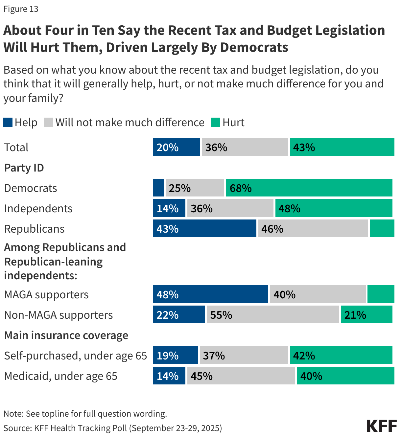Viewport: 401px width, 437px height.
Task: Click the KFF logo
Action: [382, 426]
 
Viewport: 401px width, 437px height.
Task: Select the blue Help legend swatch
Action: [8, 123]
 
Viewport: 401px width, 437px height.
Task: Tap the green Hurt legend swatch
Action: [215, 123]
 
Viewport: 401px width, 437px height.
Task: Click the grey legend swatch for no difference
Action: [48, 123]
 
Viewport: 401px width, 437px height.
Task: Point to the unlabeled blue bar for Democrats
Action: [158, 188]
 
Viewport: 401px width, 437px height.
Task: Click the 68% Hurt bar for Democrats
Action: [309, 188]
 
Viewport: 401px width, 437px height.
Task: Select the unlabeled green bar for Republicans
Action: [382, 229]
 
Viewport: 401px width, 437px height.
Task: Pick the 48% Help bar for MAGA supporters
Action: [210, 294]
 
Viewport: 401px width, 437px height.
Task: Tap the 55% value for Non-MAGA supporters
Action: [221, 315]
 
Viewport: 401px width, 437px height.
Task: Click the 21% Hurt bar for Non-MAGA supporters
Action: [366, 315]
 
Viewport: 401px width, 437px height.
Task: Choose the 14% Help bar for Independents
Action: [169, 208]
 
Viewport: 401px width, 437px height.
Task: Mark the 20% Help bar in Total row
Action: [176, 147]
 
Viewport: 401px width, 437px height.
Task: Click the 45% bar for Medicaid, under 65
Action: [241, 376]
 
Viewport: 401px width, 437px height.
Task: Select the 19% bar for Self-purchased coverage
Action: [175, 356]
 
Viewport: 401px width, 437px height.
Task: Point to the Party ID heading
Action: [24, 168]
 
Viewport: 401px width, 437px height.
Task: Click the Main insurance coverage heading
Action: [66, 335]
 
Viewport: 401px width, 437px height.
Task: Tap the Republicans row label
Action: [35, 229]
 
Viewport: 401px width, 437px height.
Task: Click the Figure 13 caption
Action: [21, 9]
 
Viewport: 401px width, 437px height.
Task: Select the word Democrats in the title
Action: [254, 48]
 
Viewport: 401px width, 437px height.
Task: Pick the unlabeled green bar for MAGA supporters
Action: [381, 294]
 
